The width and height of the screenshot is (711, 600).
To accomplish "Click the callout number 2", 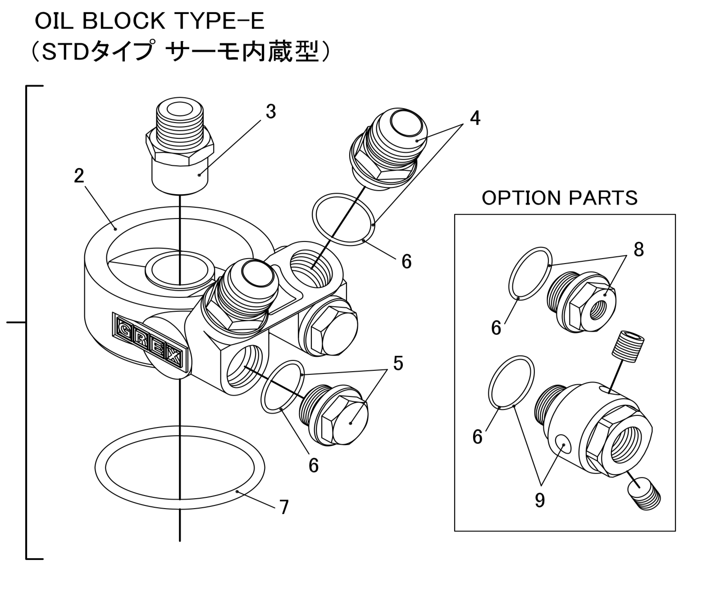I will pyautogui.click(x=79, y=176).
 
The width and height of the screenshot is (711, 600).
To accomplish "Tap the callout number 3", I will pyautogui.click(x=270, y=112).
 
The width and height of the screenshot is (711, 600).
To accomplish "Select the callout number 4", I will pyautogui.click(x=475, y=118).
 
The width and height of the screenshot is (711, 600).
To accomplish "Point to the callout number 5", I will pyautogui.click(x=398, y=363).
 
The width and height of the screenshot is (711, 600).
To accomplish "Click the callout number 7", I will pyautogui.click(x=284, y=507).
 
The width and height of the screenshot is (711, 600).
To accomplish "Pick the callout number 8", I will pyautogui.click(x=639, y=250).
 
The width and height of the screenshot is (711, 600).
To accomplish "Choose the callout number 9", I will pyautogui.click(x=540, y=500).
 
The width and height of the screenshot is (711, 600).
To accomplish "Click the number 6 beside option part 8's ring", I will pyautogui.click(x=496, y=327).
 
